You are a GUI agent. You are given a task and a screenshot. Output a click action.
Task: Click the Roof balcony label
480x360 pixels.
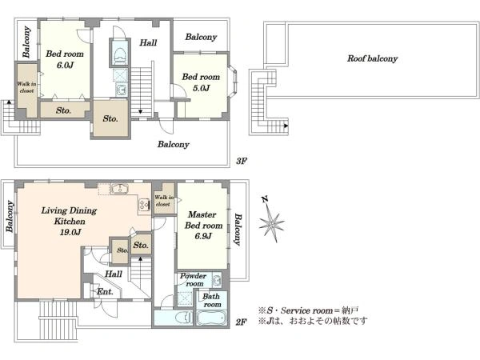(x=372, y=58)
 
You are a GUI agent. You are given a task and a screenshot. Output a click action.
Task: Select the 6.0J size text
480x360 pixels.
(x=65, y=65)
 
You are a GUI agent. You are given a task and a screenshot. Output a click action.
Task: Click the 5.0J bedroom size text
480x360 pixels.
(x=201, y=88)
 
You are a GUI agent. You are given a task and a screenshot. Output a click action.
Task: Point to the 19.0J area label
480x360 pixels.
(x=70, y=232)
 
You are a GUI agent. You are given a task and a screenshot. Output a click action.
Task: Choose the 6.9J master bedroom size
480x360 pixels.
(x=203, y=236)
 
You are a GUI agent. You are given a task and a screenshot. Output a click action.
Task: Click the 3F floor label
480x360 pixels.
(x=242, y=161)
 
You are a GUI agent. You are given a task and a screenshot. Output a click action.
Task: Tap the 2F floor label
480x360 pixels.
(x=242, y=322)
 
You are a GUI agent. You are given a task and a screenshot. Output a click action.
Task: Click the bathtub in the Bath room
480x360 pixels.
(x=211, y=318)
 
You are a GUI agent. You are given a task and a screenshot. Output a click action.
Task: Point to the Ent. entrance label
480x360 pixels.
(x=105, y=292)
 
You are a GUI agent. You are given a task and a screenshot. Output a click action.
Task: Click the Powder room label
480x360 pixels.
(x=193, y=279)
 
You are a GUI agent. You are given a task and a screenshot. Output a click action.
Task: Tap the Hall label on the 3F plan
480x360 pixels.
(x=148, y=42)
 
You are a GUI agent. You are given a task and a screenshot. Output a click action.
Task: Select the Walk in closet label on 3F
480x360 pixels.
(x=26, y=87)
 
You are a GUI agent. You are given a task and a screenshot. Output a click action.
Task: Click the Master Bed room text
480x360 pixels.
(x=203, y=220)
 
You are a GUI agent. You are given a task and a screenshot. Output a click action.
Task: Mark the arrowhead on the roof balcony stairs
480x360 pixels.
(x=286, y=126)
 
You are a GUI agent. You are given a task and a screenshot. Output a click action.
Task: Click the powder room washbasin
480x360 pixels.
(x=217, y=280)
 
